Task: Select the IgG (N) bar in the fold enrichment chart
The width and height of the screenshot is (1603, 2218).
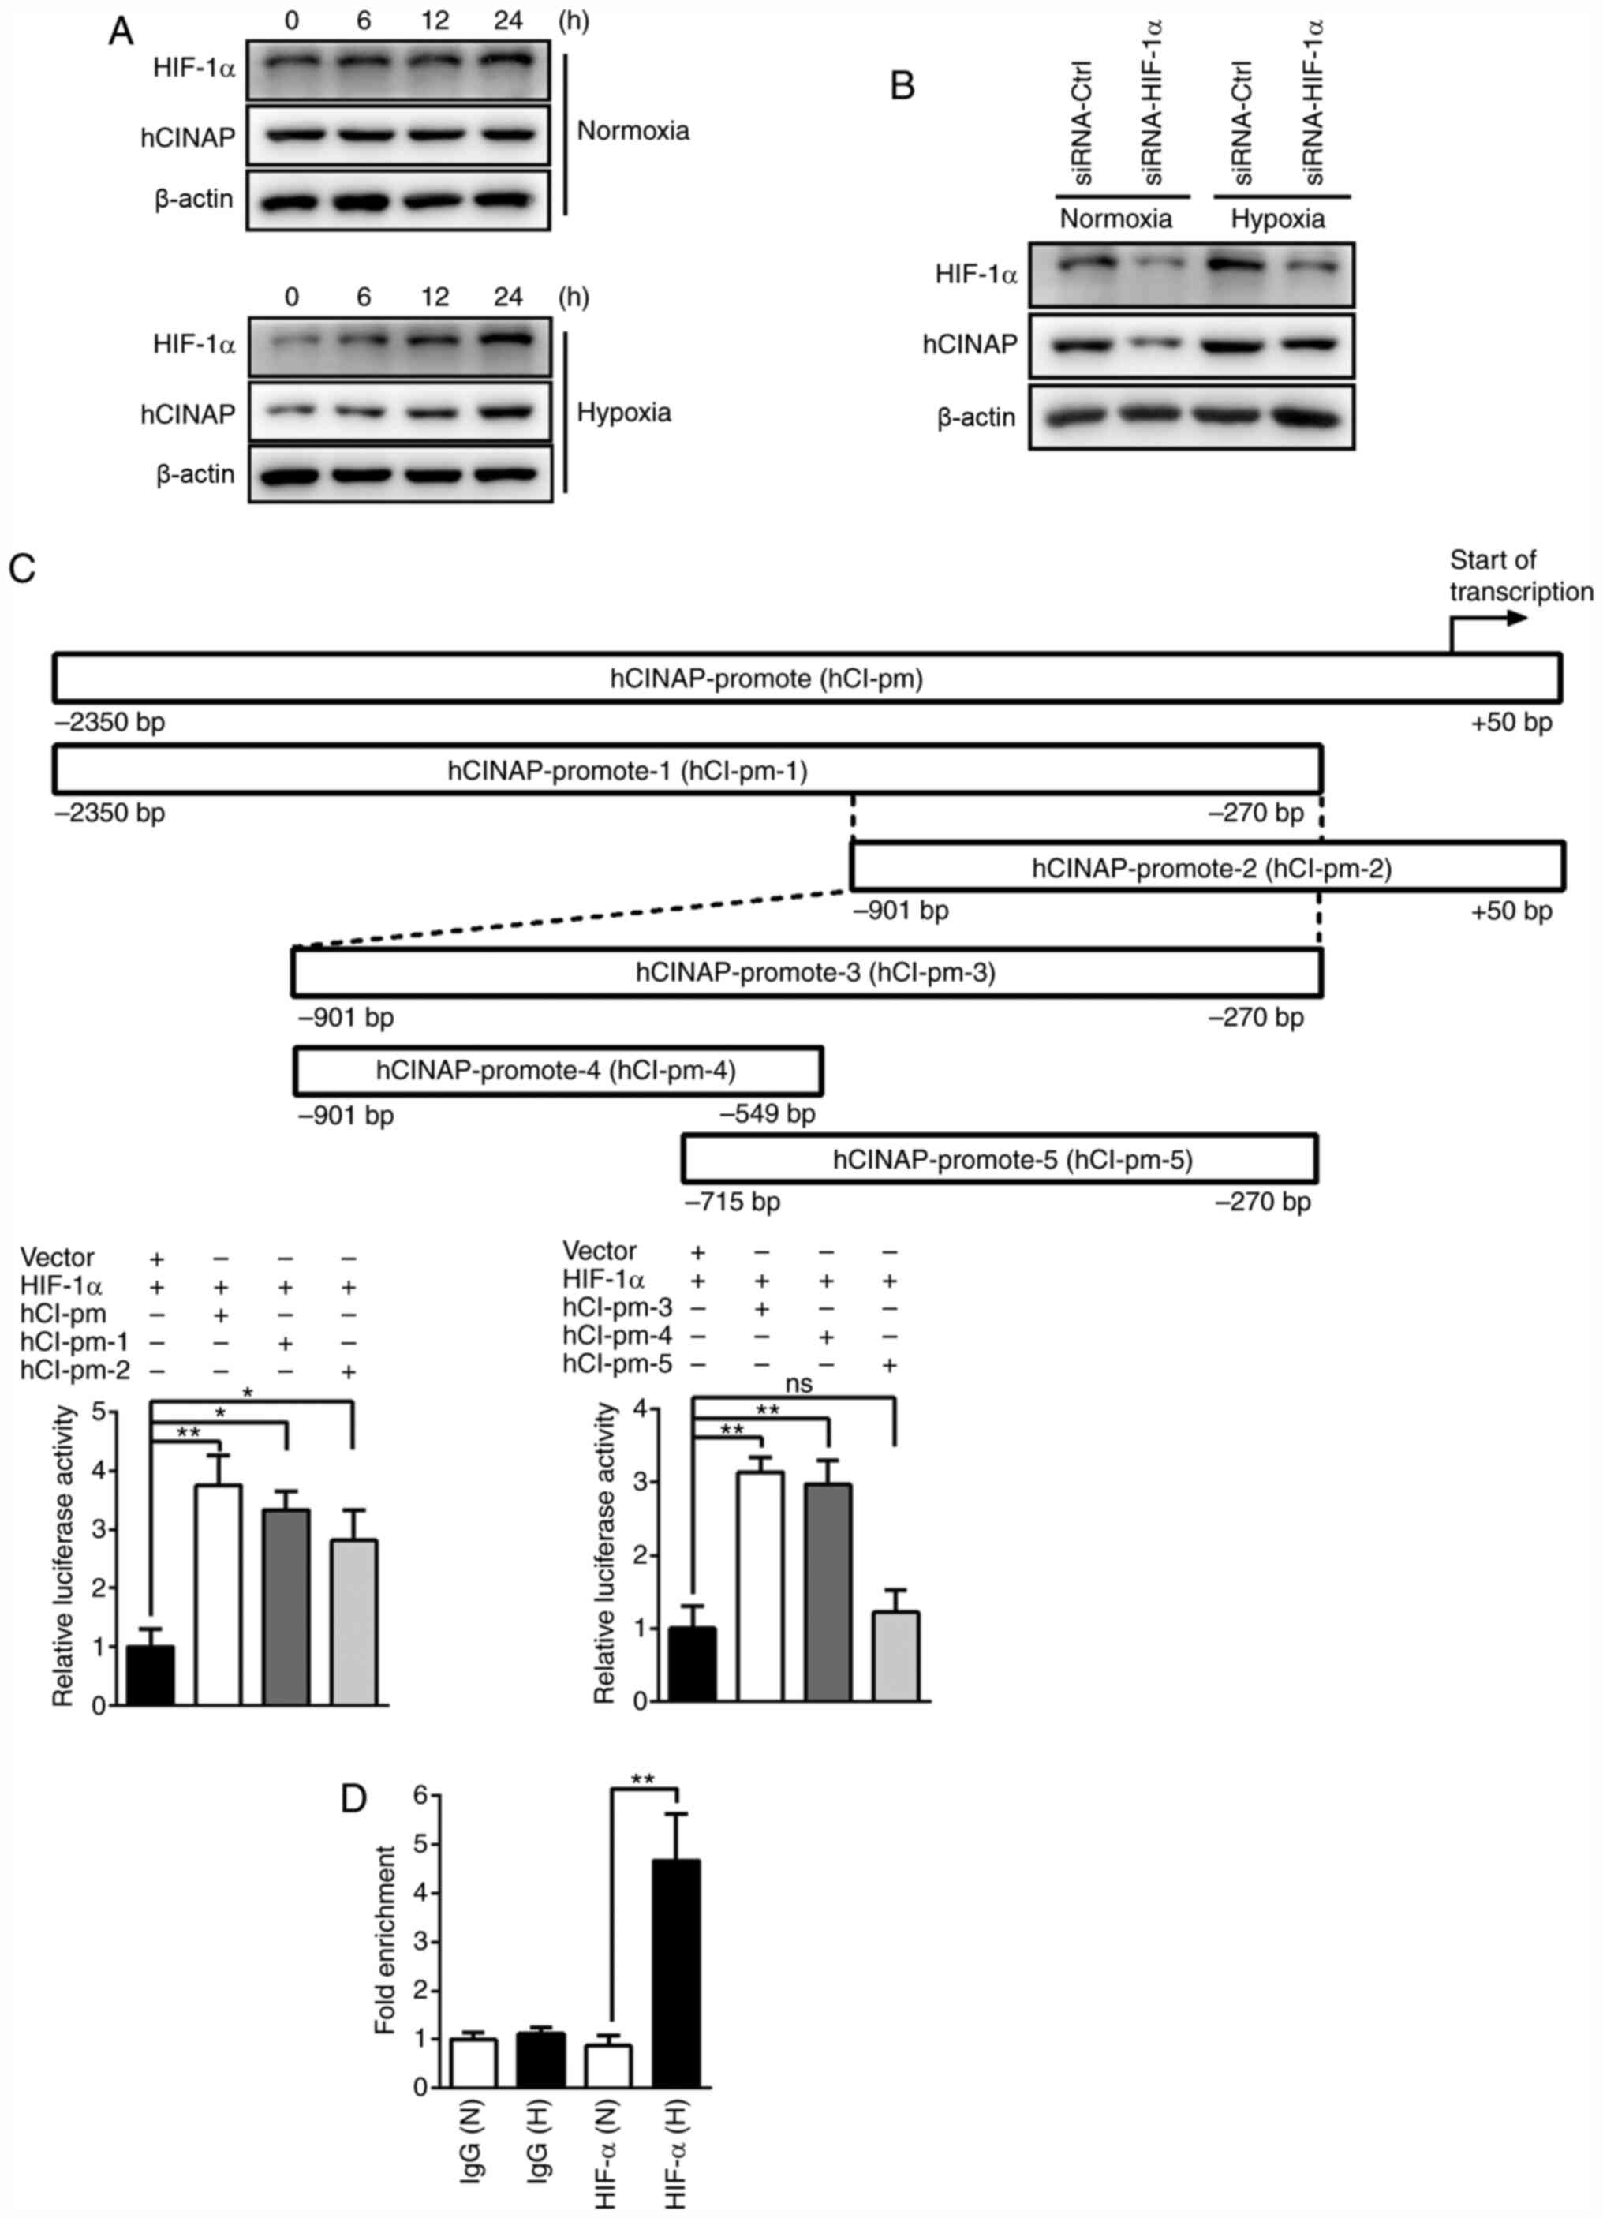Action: coord(473,2063)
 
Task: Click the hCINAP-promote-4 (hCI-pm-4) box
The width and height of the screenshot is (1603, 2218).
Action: coord(558,1070)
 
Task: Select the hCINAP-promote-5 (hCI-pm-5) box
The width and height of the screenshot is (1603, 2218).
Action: coord(999,1159)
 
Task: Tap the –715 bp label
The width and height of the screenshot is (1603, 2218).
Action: coord(733,1201)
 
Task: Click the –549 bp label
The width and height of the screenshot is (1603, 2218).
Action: coord(768,1114)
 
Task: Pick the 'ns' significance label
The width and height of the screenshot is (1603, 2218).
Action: coord(798,1384)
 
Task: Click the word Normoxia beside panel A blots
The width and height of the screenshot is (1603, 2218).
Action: coord(633,130)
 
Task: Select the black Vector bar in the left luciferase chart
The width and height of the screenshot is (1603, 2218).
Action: coord(151,1674)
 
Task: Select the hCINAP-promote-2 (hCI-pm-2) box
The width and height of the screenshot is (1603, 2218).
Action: coord(1207,866)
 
